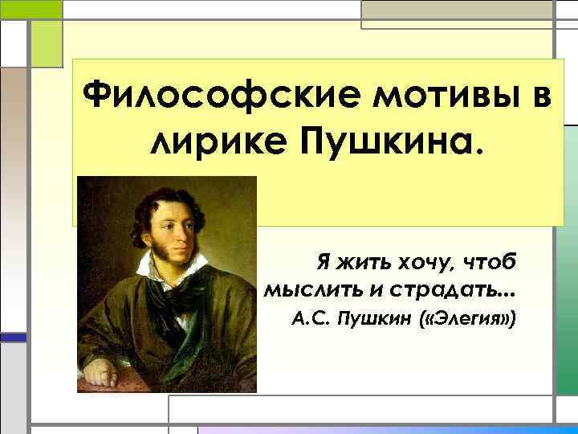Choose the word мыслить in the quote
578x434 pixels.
[309, 289]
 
